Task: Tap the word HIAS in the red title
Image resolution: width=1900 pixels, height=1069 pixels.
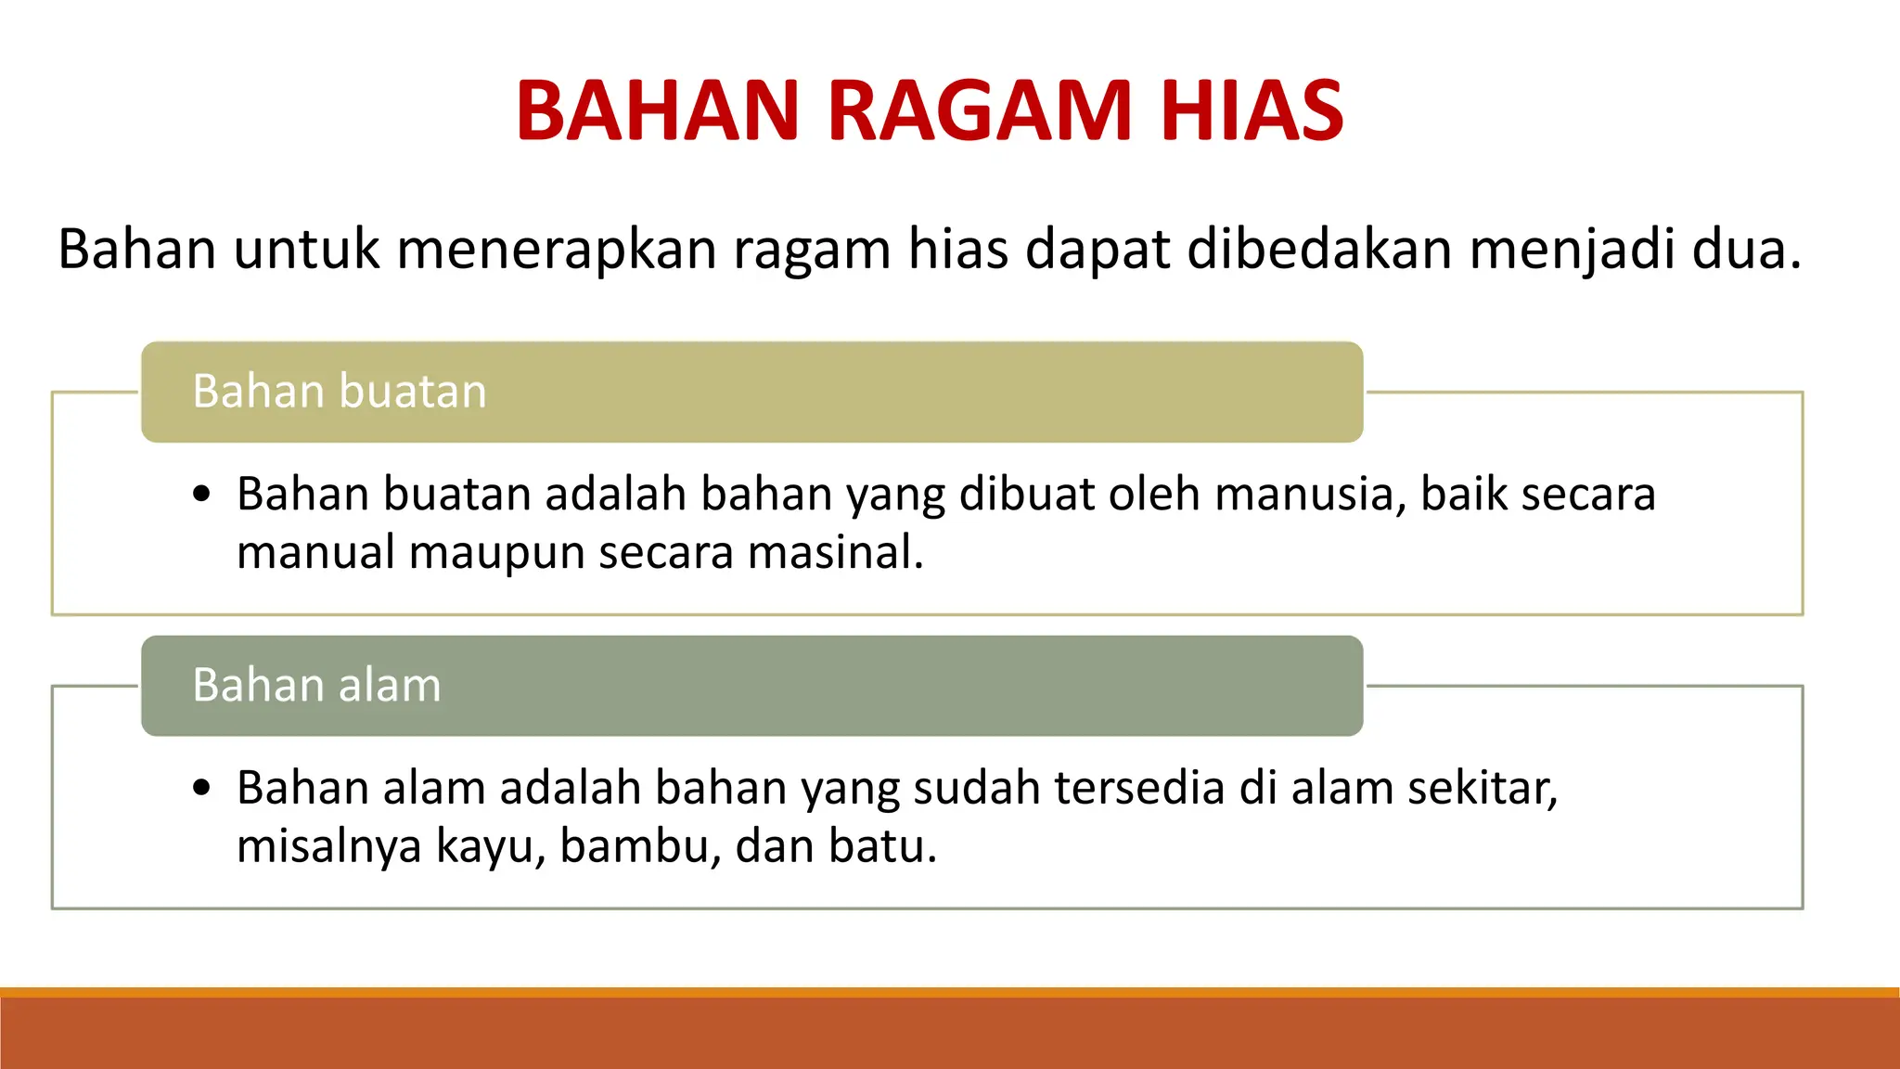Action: [1252, 110]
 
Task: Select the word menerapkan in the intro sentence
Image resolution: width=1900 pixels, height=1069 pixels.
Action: [557, 251]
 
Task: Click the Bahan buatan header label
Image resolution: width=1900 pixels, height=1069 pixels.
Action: [340, 392]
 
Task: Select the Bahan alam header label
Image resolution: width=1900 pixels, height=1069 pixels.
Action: [316, 686]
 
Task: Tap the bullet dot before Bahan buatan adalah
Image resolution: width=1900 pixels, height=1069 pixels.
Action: [202, 494]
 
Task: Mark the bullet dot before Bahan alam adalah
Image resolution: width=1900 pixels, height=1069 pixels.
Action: [202, 788]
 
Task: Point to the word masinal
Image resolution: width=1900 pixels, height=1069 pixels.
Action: [835, 552]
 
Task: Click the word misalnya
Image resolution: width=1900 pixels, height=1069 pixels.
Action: [328, 847]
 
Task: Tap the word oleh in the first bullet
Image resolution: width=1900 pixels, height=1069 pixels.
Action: [1155, 495]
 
